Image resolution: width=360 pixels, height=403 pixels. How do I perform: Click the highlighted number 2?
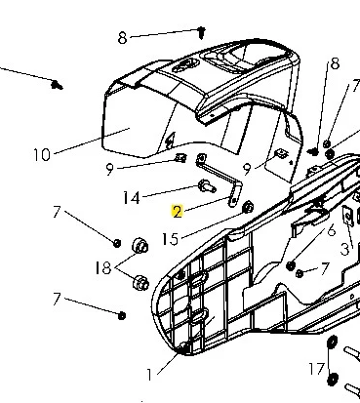178,212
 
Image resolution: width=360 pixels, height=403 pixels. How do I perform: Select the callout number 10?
42,154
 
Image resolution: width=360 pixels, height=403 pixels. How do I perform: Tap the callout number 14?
132,197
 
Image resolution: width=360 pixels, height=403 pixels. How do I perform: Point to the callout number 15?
171,239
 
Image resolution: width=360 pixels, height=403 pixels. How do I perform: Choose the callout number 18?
103,268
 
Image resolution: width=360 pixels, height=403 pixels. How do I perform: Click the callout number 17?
317,369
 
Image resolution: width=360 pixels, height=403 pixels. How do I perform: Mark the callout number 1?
149,375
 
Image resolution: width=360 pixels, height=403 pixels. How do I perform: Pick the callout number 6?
331,230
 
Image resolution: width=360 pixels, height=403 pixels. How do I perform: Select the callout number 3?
344,249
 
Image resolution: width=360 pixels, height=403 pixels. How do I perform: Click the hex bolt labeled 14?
207,186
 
